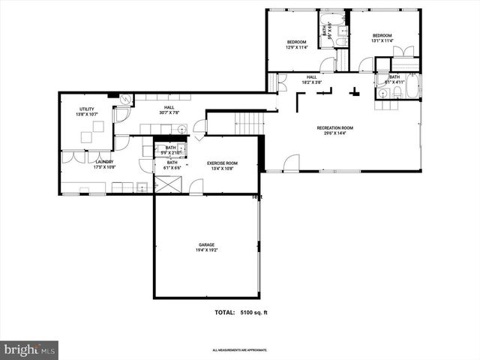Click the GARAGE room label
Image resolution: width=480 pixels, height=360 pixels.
(x=207, y=244)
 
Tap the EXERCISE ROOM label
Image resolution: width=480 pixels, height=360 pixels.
(x=222, y=163)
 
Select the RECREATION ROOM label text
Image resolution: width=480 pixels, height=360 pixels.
(x=334, y=128)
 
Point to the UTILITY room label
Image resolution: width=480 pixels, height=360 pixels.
(x=87, y=109)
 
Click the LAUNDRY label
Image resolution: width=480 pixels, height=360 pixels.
(x=103, y=161)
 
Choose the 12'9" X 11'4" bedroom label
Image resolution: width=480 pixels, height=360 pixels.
(x=297, y=42)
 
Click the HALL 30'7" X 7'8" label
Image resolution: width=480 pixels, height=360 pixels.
(x=169, y=110)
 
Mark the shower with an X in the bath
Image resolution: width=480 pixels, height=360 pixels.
(x=167, y=184)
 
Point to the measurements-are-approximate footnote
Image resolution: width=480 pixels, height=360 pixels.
(x=240, y=350)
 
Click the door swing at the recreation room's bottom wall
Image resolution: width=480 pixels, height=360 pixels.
(x=291, y=163)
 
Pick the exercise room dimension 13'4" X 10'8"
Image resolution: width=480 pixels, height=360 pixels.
(x=222, y=168)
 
